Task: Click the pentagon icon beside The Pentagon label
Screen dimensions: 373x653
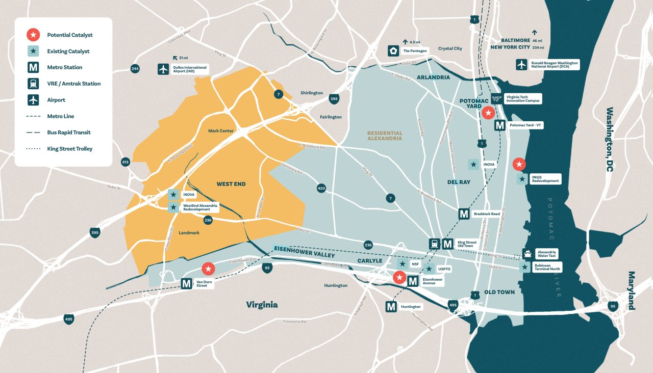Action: pos(393,50)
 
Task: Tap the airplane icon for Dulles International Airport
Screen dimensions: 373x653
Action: pos(163,69)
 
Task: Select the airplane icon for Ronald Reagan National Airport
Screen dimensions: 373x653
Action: pos(521,65)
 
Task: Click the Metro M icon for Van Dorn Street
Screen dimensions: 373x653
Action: pos(187,284)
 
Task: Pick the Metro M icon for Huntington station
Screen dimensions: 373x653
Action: pos(391,307)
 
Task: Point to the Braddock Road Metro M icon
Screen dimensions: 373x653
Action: pos(464,214)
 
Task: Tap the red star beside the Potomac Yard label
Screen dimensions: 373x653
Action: pos(488,113)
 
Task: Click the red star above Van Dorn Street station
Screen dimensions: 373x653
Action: pos(208,269)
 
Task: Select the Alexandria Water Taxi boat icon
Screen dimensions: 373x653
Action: pos(527,253)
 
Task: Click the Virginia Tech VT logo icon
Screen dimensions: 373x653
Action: pos(496,98)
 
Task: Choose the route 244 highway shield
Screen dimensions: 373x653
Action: pos(135,69)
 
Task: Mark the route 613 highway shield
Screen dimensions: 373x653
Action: pos(125,162)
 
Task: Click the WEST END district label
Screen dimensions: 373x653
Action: pos(231,184)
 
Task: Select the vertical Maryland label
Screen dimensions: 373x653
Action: pos(632,290)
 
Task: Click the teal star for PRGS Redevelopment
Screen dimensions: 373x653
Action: pos(522,179)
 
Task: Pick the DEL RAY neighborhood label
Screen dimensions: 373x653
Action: pos(458,182)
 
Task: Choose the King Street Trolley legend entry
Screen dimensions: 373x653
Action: pos(70,149)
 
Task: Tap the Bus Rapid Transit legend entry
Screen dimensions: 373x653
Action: pos(68,132)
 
